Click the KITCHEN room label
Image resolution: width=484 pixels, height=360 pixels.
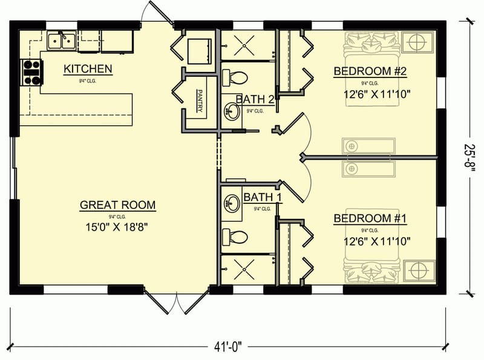coord(88,69)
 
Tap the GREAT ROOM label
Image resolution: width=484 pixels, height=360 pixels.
coord(117,205)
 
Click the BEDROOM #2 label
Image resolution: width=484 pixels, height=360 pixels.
coord(370,72)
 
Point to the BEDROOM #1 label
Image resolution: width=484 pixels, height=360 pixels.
coord(370,218)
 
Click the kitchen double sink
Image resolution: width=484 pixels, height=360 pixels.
coord(63,41)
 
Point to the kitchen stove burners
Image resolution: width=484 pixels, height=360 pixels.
coord(31,72)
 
